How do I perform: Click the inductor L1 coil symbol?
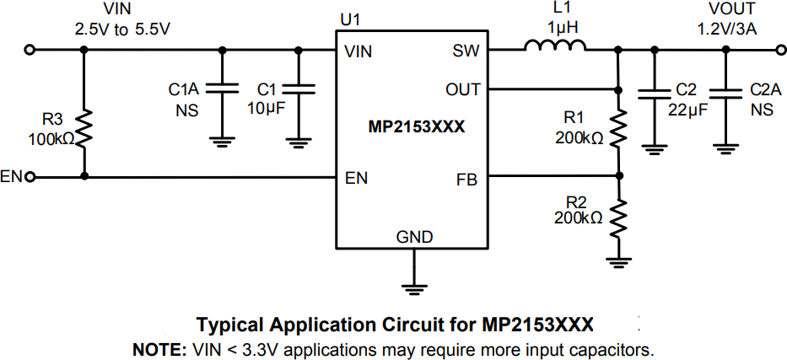pyautogui.click(x=556, y=48)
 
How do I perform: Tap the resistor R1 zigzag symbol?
pyautogui.click(x=619, y=128)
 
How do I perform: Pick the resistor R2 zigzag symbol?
pyautogui.click(x=619, y=218)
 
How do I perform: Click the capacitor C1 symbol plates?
pyautogui.click(x=298, y=88)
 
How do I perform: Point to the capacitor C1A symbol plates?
pyautogui.click(x=223, y=88)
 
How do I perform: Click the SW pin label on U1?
pyautogui.click(x=466, y=51)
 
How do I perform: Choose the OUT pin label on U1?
pyautogui.click(x=462, y=89)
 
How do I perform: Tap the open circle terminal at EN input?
pyautogui.click(x=31, y=177)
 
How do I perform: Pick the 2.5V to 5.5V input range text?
pyautogui.click(x=123, y=28)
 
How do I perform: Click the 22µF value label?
pyautogui.click(x=686, y=109)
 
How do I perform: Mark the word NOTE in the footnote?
pyautogui.click(x=155, y=348)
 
